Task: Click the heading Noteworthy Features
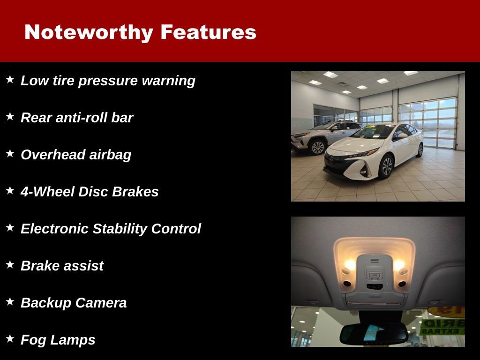click(x=140, y=32)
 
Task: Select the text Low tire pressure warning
click(x=108, y=81)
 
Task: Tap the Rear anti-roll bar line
click(x=77, y=118)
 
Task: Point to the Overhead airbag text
click(x=76, y=155)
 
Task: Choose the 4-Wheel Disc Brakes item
click(x=90, y=192)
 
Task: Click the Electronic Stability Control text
click(x=111, y=229)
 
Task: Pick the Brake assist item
click(x=62, y=266)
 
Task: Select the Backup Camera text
click(x=74, y=303)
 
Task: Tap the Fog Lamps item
click(x=58, y=340)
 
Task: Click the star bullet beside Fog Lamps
click(x=10, y=338)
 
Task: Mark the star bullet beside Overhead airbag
click(x=10, y=153)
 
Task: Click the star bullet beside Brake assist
click(x=10, y=264)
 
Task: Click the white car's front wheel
click(x=387, y=166)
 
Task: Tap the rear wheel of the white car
click(x=420, y=150)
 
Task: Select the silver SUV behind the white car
click(x=323, y=136)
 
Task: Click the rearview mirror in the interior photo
click(x=374, y=333)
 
